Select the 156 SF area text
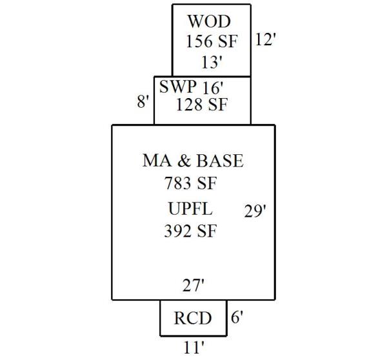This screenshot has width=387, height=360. click(212, 42)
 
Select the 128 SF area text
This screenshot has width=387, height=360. click(202, 105)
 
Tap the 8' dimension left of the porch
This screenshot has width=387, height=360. click(143, 102)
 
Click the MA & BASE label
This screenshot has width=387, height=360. click(193, 161)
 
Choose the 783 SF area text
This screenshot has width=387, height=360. click(190, 184)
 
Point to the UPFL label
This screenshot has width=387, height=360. click(190, 210)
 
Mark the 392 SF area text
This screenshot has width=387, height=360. click(190, 231)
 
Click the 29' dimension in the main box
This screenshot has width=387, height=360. click(255, 211)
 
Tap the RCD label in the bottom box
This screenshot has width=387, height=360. click(193, 319)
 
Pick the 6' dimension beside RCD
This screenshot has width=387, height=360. click(237, 317)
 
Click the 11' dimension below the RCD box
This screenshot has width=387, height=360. click(193, 348)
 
